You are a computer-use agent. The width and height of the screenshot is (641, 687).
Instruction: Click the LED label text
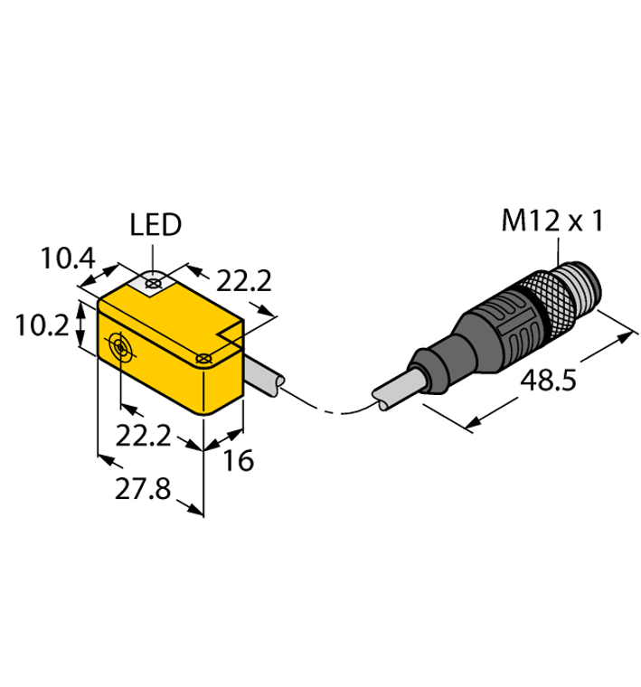156,224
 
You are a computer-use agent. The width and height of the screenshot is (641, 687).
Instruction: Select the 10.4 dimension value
67,260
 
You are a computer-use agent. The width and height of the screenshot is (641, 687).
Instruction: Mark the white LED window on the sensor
154,285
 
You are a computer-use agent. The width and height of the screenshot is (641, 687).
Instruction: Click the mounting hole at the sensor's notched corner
205,360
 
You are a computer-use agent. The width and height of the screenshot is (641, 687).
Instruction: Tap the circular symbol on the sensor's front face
119,346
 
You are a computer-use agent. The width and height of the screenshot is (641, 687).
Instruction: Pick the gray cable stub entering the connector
398,389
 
